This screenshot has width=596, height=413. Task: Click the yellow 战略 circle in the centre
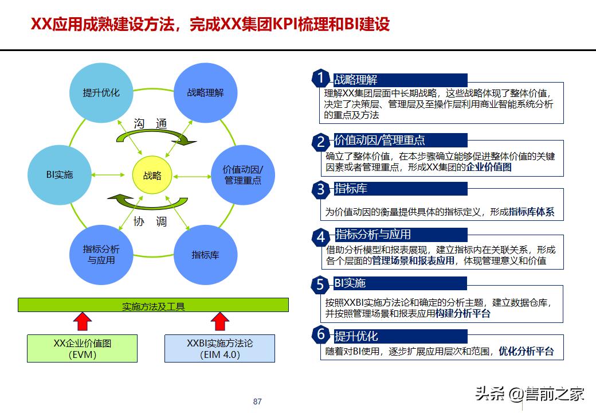click(152, 176)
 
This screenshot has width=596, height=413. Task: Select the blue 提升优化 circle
click(101, 92)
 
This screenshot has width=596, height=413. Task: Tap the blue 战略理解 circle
click(205, 92)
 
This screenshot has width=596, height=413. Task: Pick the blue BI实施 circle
click(60, 175)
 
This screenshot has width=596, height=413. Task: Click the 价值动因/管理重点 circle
click(243, 174)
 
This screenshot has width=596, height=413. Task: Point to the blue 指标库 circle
click(205, 255)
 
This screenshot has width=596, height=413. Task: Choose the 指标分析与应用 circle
click(101, 255)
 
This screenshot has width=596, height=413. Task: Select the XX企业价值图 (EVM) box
click(83, 349)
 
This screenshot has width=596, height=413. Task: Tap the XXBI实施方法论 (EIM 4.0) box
click(220, 349)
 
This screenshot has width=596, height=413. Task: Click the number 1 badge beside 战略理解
click(321, 78)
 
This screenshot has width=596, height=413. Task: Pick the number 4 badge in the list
click(321, 236)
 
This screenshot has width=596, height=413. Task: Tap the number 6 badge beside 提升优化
click(321, 334)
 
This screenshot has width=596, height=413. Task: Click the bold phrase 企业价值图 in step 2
click(489, 167)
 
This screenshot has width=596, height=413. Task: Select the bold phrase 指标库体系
click(531, 212)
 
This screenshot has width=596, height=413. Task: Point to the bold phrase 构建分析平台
click(463, 314)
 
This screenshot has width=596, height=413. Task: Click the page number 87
click(257, 402)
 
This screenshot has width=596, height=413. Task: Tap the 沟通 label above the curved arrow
click(150, 124)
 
